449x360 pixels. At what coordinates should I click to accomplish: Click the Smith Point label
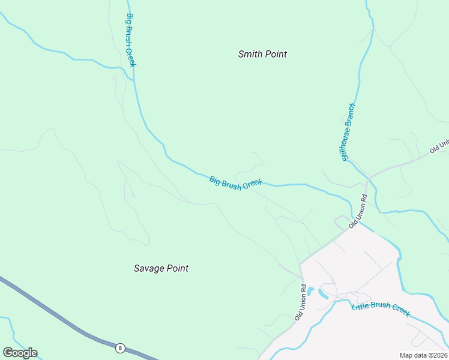tap(262, 54)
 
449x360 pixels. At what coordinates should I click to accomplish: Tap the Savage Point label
tap(161, 268)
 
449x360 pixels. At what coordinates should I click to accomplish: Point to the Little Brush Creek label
tap(381, 308)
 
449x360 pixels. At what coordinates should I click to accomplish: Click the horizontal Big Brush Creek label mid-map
tap(235, 182)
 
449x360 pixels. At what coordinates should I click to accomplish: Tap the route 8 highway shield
tap(120, 347)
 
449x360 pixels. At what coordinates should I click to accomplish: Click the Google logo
tap(20, 353)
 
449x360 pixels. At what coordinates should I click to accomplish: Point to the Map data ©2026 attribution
tap(424, 355)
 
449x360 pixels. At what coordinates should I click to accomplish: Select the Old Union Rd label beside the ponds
tap(300, 301)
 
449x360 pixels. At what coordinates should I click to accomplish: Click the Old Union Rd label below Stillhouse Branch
tap(358, 211)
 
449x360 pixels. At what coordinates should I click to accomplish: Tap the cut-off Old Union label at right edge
tap(439, 147)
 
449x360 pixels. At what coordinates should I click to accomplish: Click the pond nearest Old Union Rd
tap(310, 290)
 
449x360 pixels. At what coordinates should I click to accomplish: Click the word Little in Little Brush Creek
tap(360, 307)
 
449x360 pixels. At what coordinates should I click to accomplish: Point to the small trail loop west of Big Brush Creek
tap(114, 77)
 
